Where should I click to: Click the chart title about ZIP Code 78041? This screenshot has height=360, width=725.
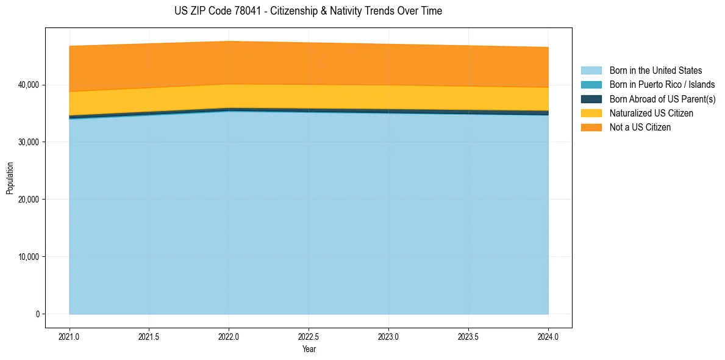[x=308, y=11]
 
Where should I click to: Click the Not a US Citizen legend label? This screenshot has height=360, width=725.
[x=640, y=128]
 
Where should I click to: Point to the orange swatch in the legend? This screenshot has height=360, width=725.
[x=591, y=128]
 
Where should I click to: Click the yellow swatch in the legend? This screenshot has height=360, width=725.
[x=591, y=113]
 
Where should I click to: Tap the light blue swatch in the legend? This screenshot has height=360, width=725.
[x=591, y=71]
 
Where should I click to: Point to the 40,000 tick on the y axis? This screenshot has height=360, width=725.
[x=28, y=85]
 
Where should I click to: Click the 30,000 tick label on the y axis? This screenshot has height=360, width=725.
[x=28, y=142]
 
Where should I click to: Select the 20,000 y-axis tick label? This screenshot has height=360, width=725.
[x=28, y=200]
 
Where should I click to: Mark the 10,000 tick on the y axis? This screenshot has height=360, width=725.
[x=28, y=257]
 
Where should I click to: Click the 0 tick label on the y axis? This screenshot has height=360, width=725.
[x=37, y=314]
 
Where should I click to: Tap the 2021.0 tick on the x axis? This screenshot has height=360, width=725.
[x=70, y=336]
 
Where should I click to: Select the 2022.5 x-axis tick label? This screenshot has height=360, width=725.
[x=309, y=336]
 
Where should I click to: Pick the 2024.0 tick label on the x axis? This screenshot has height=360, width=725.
[x=548, y=336]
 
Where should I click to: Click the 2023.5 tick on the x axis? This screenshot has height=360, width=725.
[x=468, y=336]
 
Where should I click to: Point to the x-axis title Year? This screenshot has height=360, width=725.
[x=309, y=350]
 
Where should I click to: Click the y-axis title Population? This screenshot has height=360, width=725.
[x=10, y=178]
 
